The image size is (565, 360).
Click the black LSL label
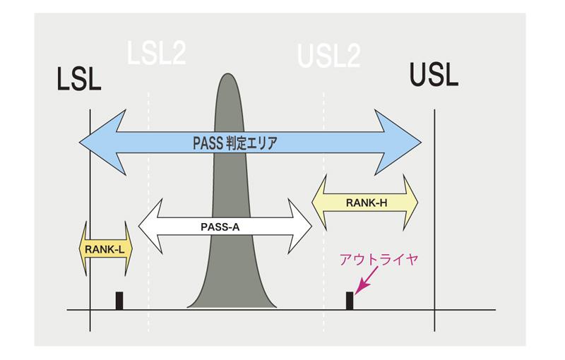pos(79,79)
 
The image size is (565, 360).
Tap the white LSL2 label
pos(157,54)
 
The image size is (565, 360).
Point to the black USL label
pos(434,74)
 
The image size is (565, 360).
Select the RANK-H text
pos(366,203)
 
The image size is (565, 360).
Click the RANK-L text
pos(105,248)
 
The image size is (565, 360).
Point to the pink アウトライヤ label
pos(379,259)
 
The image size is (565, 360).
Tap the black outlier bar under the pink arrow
pos(349,300)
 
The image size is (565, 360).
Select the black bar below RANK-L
pos(119,300)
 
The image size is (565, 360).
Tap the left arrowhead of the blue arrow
pos(99,142)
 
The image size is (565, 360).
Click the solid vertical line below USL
pos(434,212)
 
